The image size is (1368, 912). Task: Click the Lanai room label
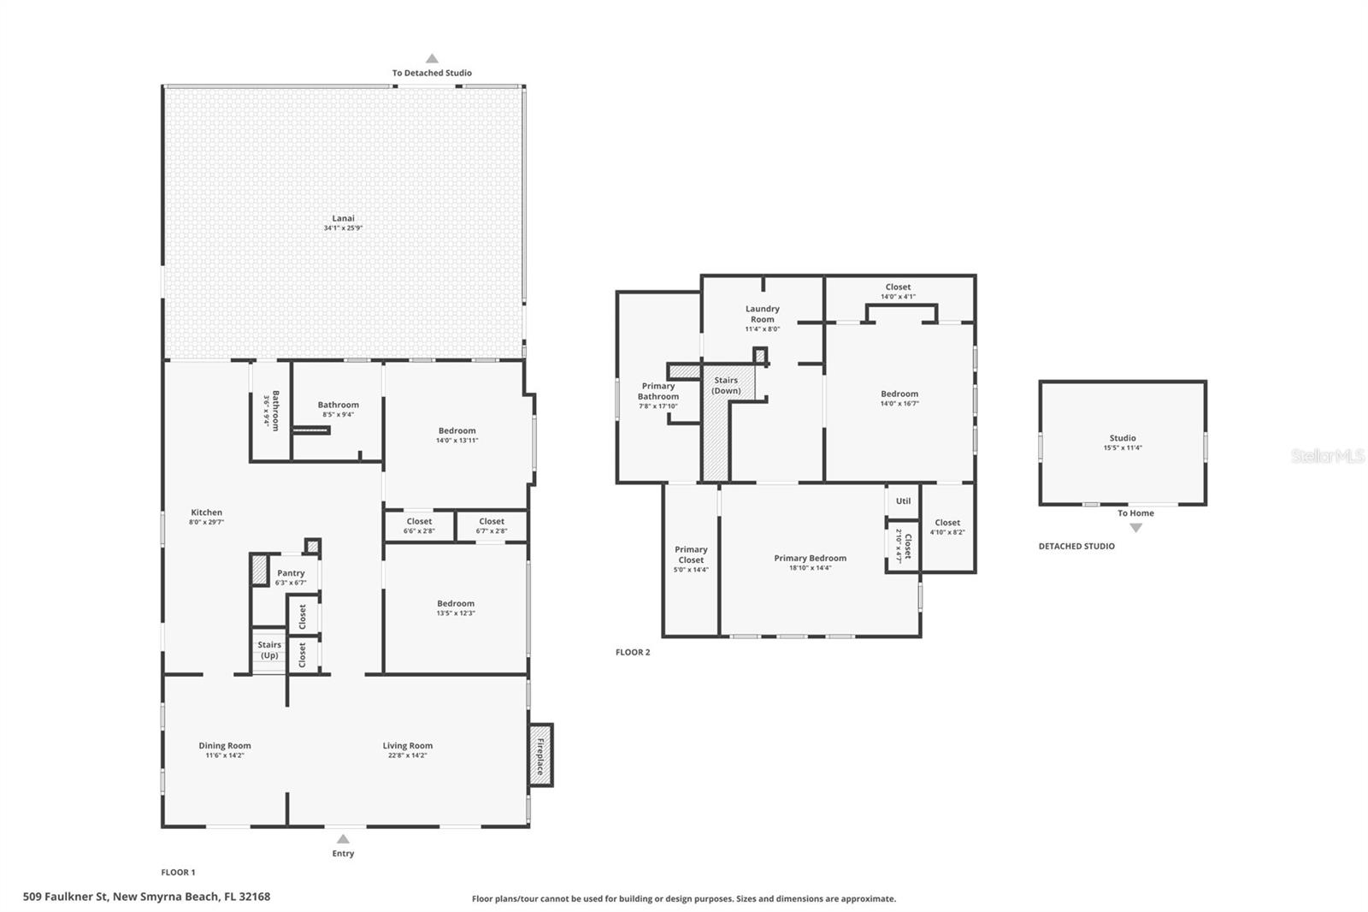(343, 218)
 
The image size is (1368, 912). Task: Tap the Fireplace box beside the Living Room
(540, 755)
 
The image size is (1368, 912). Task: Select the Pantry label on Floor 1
(291, 573)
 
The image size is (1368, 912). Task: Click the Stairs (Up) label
(269, 650)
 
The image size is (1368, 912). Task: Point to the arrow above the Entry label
(343, 838)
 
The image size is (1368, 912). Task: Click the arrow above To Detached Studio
(432, 59)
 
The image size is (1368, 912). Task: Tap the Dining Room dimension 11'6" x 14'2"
(225, 755)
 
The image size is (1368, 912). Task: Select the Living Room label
(407, 746)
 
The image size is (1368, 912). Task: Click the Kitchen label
(206, 512)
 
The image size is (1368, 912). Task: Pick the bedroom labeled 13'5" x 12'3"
(456, 607)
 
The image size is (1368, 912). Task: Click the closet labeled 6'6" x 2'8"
(419, 525)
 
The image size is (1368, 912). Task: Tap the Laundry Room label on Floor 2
(762, 314)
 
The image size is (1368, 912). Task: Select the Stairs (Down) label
(726, 385)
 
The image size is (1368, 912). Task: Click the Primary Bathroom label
(658, 391)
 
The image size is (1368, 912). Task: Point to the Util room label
(903, 501)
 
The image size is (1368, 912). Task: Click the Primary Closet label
(691, 554)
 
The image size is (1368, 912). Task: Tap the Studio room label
(1123, 438)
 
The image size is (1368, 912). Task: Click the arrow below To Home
(1135, 528)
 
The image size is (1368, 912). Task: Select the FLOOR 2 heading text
(633, 652)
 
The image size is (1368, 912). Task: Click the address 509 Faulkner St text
(146, 897)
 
